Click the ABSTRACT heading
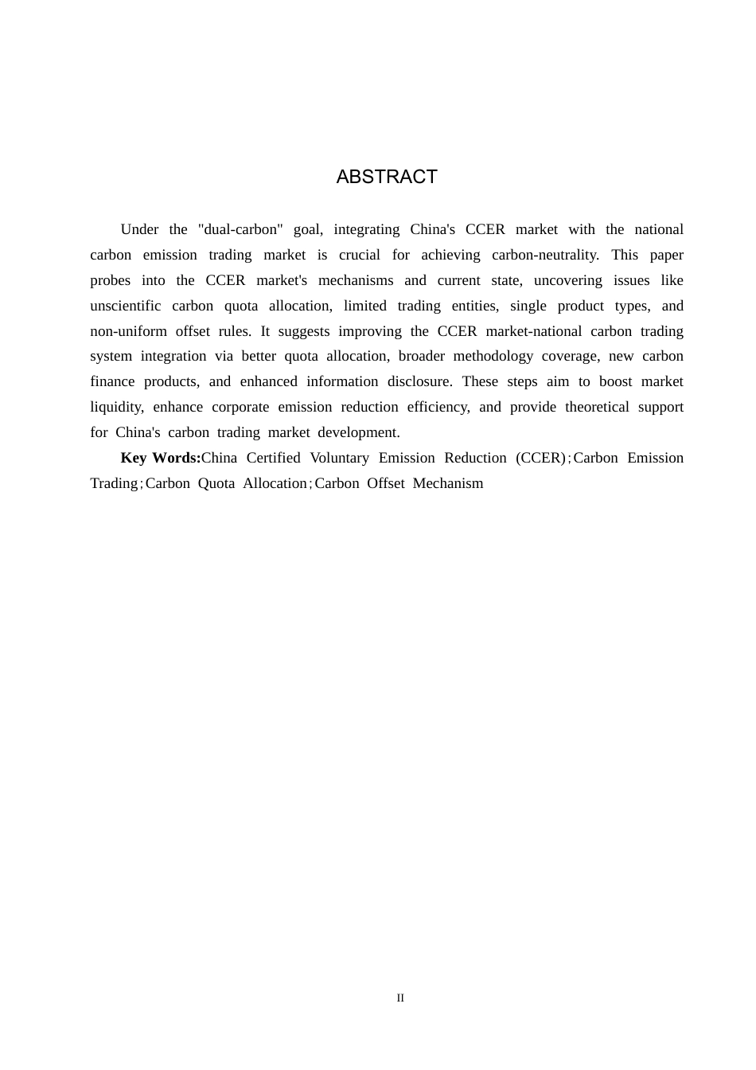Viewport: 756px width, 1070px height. [387, 177]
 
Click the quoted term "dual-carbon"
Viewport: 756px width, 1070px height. [240, 229]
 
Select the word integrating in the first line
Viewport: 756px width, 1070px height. [366, 229]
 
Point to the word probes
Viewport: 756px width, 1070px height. [110, 280]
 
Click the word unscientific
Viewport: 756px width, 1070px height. [125, 306]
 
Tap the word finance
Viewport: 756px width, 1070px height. [112, 381]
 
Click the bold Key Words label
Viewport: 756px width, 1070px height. [161, 458]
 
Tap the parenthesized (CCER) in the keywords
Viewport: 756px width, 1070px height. [541, 458]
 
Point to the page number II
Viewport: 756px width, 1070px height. [400, 998]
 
